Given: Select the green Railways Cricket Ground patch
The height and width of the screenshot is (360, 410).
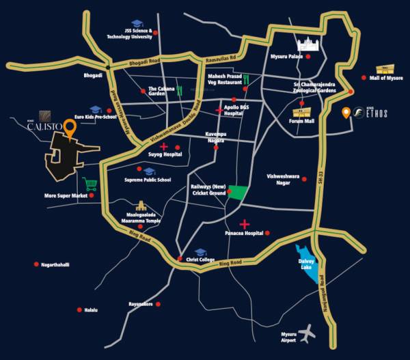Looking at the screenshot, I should click(x=238, y=193).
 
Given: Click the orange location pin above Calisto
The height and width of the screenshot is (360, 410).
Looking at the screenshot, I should click(x=70, y=127).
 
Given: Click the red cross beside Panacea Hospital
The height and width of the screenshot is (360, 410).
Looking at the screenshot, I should click(x=244, y=224).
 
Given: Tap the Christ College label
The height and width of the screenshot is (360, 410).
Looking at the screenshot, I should click(x=200, y=260).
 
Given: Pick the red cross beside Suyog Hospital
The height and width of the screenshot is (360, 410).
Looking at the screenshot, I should click(x=164, y=146).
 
